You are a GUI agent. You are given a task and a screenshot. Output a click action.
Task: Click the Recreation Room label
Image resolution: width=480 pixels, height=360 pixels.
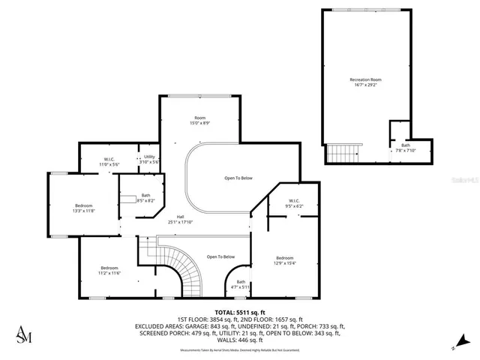tap(365, 82)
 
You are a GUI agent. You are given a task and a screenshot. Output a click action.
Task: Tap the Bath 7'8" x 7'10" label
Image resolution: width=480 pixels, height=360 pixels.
tap(405, 148)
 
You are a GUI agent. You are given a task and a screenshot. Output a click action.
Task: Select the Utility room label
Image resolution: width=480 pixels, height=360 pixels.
tap(150, 159)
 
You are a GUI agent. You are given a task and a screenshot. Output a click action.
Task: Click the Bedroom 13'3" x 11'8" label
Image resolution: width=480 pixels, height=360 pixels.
tap(84, 208)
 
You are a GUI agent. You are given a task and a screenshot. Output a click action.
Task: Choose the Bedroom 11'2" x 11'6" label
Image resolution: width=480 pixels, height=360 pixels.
tap(110, 271)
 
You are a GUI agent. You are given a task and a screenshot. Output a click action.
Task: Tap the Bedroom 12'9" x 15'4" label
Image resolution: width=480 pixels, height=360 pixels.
tap(283, 260)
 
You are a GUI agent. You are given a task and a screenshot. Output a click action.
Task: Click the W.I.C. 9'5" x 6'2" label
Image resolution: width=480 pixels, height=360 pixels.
tap(293, 203)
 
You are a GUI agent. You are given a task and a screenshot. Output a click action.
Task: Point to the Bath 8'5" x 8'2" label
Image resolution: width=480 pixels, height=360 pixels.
tap(145, 198)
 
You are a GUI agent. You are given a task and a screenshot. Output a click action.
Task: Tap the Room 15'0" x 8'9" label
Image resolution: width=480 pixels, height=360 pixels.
tap(199, 121)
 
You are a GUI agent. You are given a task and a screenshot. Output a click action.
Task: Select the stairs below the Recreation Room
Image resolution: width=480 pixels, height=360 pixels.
tap(344, 153)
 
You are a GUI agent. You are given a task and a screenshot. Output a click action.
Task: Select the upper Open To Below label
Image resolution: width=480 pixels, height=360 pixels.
tap(238, 178)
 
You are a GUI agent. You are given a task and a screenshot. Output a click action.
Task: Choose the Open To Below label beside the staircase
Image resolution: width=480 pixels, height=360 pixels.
tap(221, 256)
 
